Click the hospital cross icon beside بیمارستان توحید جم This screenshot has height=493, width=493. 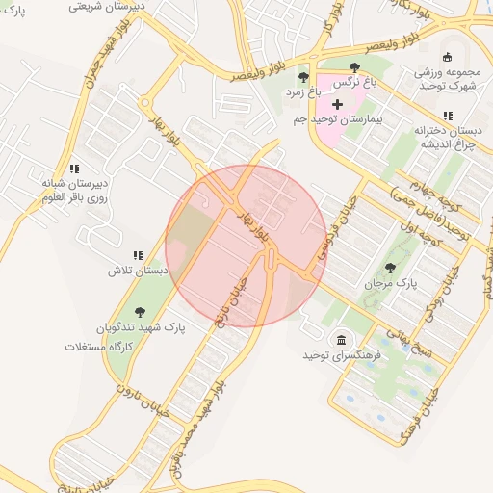337,104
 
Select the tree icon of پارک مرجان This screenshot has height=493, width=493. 390,268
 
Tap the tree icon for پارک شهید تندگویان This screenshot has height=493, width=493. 142,311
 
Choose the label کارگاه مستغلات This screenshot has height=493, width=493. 97,346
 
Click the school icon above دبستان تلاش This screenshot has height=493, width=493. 138,255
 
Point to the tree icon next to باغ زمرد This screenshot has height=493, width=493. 304,77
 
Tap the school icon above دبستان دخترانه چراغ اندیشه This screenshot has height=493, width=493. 448,116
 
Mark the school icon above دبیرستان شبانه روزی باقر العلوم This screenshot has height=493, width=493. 74,169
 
